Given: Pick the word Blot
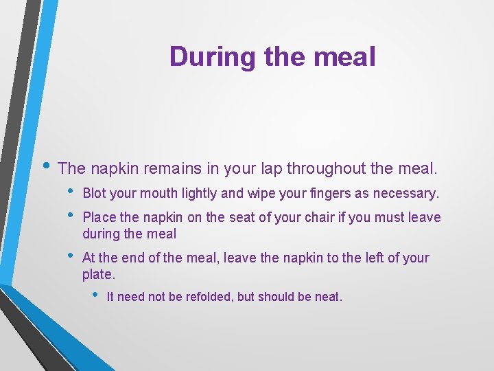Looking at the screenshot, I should [x=94, y=194].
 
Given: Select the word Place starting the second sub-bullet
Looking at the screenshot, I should [x=99, y=218].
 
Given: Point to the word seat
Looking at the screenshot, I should [x=243, y=218].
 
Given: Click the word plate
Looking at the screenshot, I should [x=97, y=274].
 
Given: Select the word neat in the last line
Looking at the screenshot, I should [x=328, y=297].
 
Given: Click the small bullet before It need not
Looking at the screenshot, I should [x=95, y=296].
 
